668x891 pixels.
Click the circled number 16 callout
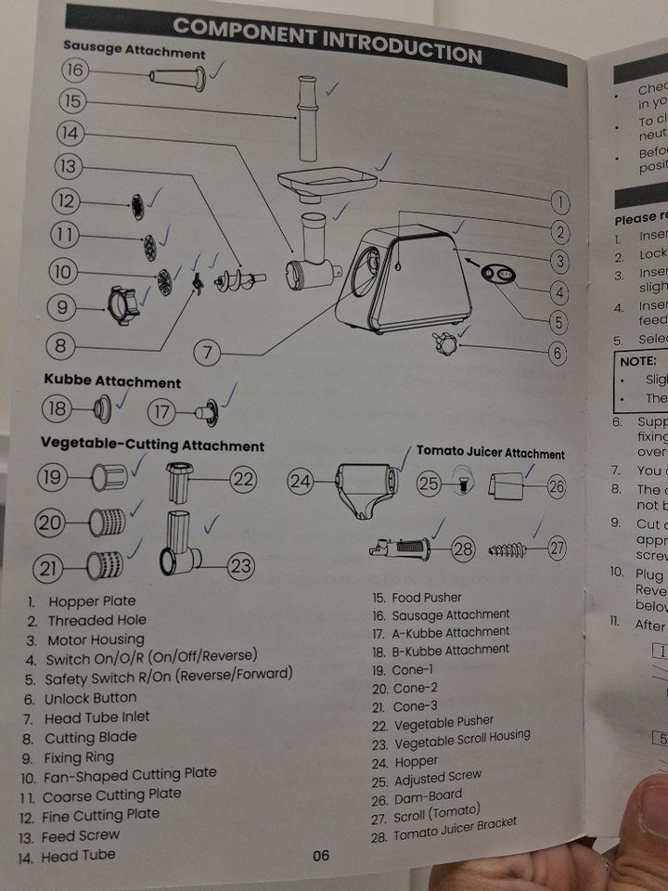75,70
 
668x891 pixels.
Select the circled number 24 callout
300,481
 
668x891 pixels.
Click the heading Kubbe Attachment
112,381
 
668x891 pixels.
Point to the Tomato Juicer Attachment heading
490,453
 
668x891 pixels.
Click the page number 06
320,855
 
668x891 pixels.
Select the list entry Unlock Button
90,698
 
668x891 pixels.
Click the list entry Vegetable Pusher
443,721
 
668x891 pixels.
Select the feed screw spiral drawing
238,278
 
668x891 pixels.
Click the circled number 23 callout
240,564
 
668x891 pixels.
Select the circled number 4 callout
559,292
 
